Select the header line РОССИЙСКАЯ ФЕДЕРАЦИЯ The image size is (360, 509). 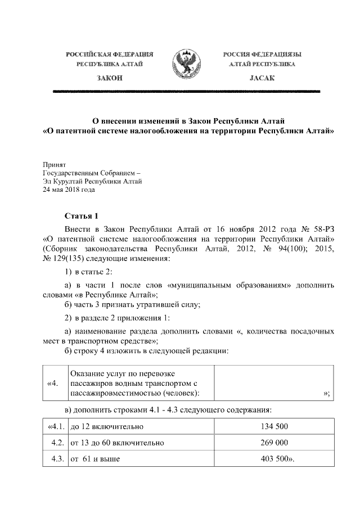click(110, 55)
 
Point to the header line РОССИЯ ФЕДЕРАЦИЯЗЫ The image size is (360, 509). click(262, 55)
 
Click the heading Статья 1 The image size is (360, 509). click(82, 215)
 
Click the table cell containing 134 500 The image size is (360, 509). click(274, 428)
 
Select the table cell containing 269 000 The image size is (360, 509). click(274, 443)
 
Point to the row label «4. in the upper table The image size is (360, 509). click(55, 384)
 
